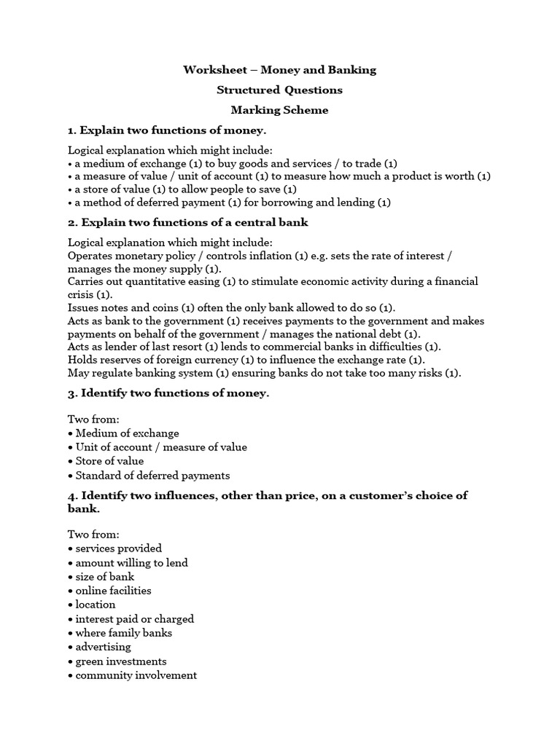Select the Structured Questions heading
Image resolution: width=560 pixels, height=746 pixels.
[x=279, y=90]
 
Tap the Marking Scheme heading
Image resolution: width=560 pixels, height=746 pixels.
[x=279, y=110]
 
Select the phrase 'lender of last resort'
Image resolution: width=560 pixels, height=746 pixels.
[x=139, y=346]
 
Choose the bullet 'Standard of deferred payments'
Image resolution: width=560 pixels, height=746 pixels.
[x=152, y=475]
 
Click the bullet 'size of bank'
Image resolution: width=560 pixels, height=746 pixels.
[x=104, y=576]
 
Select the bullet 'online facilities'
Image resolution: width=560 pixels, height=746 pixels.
[x=113, y=590]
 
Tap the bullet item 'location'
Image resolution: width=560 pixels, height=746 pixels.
[x=95, y=604]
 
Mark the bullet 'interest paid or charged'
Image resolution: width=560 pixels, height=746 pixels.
[x=134, y=619]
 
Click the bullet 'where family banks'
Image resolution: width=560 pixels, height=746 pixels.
[x=123, y=632]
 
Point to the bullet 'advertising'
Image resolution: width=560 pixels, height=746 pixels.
[x=103, y=646]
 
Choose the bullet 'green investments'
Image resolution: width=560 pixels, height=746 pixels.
[x=120, y=661]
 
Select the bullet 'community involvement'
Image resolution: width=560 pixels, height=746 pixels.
[x=136, y=675]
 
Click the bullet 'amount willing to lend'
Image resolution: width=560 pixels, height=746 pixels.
[x=131, y=562]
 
